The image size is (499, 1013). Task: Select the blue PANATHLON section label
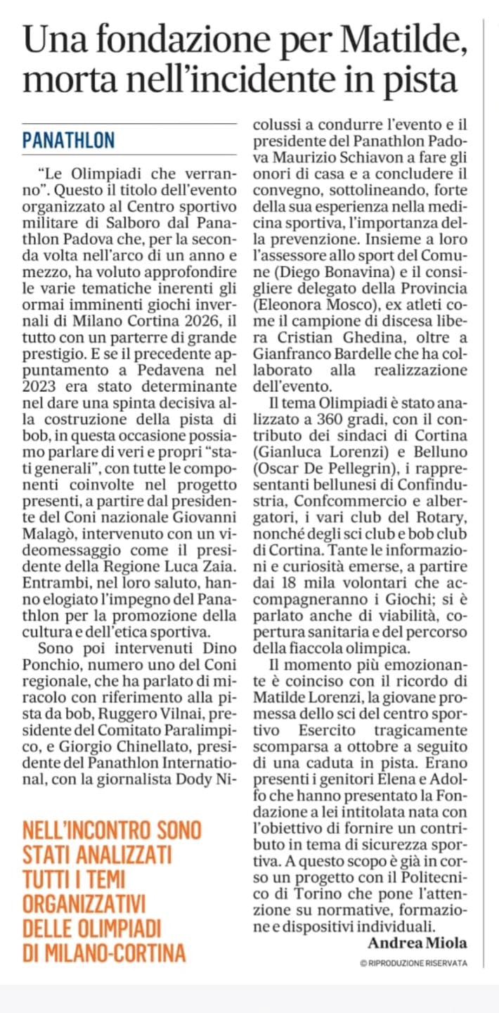pyautogui.click(x=68, y=140)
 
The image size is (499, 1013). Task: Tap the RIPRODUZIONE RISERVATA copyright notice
pyautogui.click(x=413, y=963)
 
